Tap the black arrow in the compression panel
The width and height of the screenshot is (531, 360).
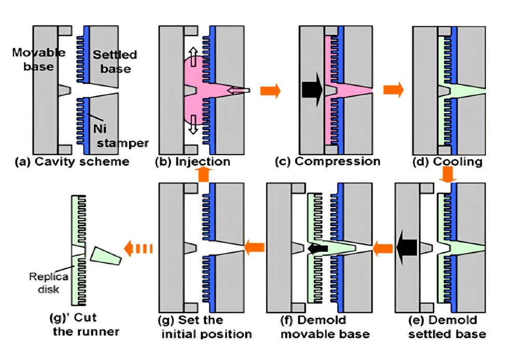[312, 90]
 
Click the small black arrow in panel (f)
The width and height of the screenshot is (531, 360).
[317, 248]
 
